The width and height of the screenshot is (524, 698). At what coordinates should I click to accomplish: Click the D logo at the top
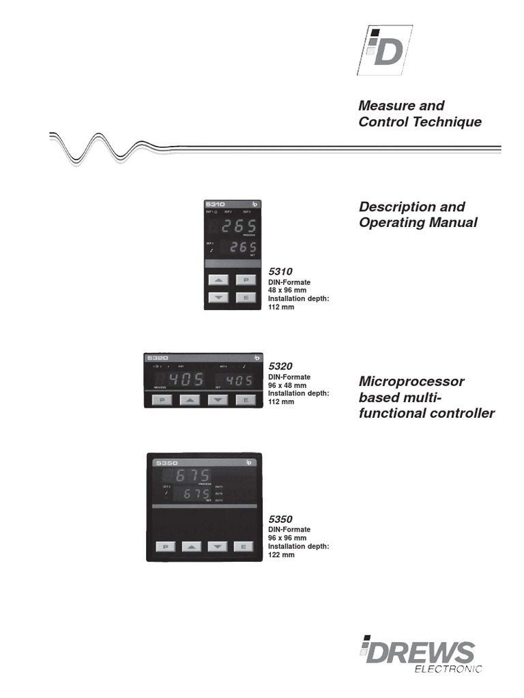coord(384,50)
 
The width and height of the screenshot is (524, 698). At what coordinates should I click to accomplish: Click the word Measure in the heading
coord(383,106)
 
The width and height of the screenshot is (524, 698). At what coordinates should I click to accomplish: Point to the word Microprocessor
coord(411,381)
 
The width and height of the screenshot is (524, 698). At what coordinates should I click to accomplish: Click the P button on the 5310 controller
coord(245,279)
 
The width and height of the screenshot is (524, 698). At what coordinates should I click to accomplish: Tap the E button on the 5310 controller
coord(245,297)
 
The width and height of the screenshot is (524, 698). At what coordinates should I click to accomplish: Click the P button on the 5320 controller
coord(162,401)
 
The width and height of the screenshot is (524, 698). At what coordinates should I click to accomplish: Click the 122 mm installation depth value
coord(281,556)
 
